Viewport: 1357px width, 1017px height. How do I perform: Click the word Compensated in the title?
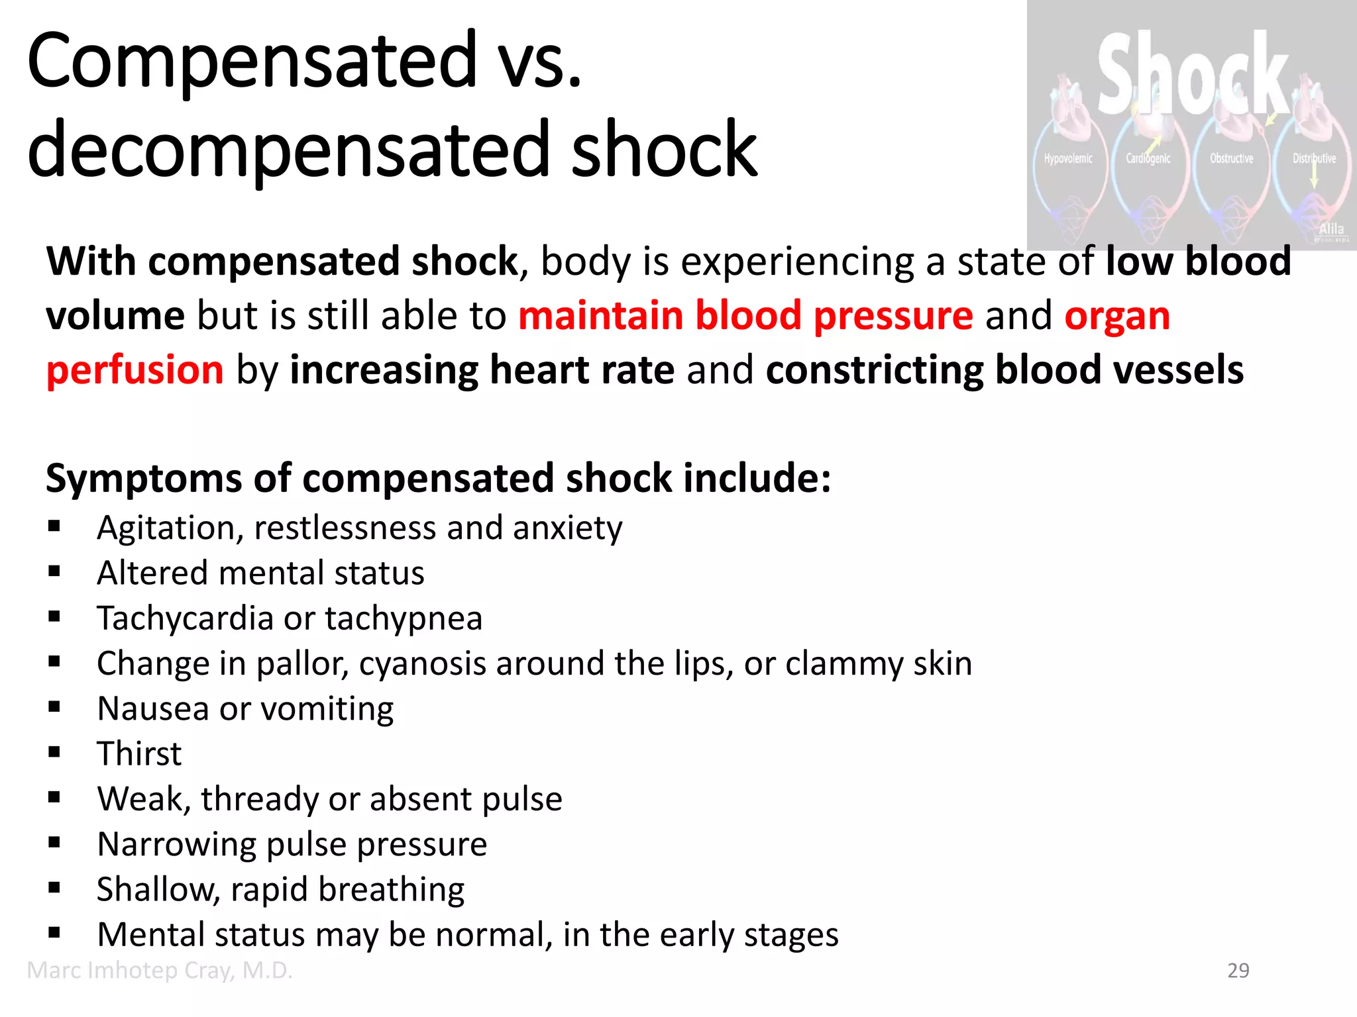point(252,61)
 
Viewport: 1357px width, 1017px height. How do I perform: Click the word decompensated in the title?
point(289,150)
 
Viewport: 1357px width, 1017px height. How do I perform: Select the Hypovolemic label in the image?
point(1068,158)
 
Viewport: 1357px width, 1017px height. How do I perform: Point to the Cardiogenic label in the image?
point(1148,158)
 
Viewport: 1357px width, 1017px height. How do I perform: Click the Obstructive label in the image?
point(1231,158)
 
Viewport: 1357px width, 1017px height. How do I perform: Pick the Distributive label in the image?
point(1314,158)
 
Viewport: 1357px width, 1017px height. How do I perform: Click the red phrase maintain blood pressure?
point(745,315)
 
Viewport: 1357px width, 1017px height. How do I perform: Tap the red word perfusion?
point(135,369)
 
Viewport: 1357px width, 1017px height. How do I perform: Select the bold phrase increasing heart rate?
point(482,369)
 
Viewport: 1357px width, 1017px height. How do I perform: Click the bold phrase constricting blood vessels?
point(1004,369)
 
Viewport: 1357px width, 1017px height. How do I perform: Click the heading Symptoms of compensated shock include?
point(438,478)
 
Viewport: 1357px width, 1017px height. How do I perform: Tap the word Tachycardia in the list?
point(185,618)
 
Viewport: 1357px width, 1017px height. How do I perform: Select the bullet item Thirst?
point(139,753)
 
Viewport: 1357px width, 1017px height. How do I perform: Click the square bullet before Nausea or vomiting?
point(54,707)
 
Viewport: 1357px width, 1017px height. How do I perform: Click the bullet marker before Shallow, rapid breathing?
point(54,888)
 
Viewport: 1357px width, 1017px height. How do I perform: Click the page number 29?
point(1238,971)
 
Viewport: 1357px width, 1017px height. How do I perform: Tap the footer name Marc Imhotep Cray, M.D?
point(160,971)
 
